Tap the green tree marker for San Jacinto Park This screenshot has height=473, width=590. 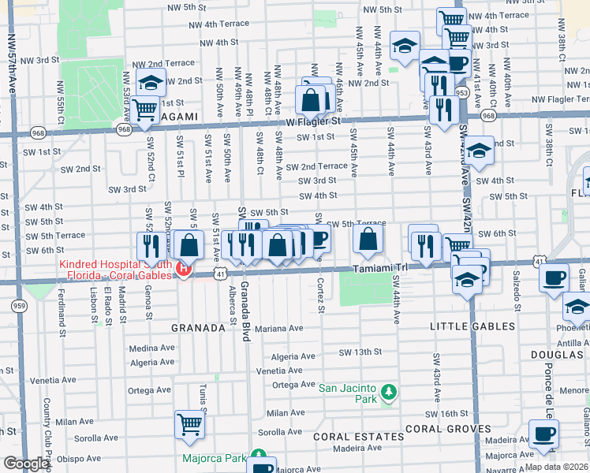coord(387,392)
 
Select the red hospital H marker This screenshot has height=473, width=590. coord(184,270)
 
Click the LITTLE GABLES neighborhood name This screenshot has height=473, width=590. coord(472,326)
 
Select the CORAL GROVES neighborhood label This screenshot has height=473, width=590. coord(444,429)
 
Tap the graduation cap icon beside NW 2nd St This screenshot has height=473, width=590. coord(150,83)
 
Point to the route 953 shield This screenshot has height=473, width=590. coord(461,92)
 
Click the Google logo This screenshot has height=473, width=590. coord(26,464)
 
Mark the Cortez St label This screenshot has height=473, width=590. coord(321,296)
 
